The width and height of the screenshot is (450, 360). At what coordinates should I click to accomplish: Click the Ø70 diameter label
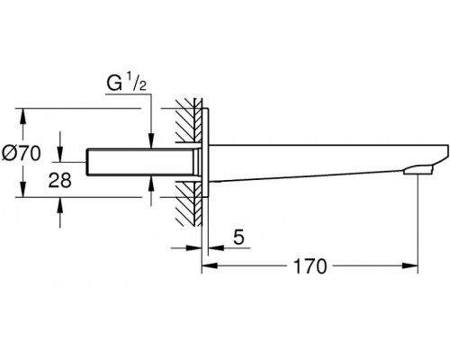21,153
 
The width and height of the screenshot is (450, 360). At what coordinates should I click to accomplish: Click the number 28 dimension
60,181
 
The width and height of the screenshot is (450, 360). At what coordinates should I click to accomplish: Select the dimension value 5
238,237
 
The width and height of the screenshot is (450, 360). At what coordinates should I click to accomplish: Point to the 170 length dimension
310,265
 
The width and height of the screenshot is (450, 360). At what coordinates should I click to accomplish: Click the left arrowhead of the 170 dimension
209,265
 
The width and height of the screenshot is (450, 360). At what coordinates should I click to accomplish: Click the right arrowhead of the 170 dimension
410,265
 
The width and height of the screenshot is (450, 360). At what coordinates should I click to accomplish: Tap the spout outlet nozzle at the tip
418,170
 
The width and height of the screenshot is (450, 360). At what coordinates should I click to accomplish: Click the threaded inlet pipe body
139,162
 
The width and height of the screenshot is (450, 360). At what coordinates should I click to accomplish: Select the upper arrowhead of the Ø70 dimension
22,116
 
